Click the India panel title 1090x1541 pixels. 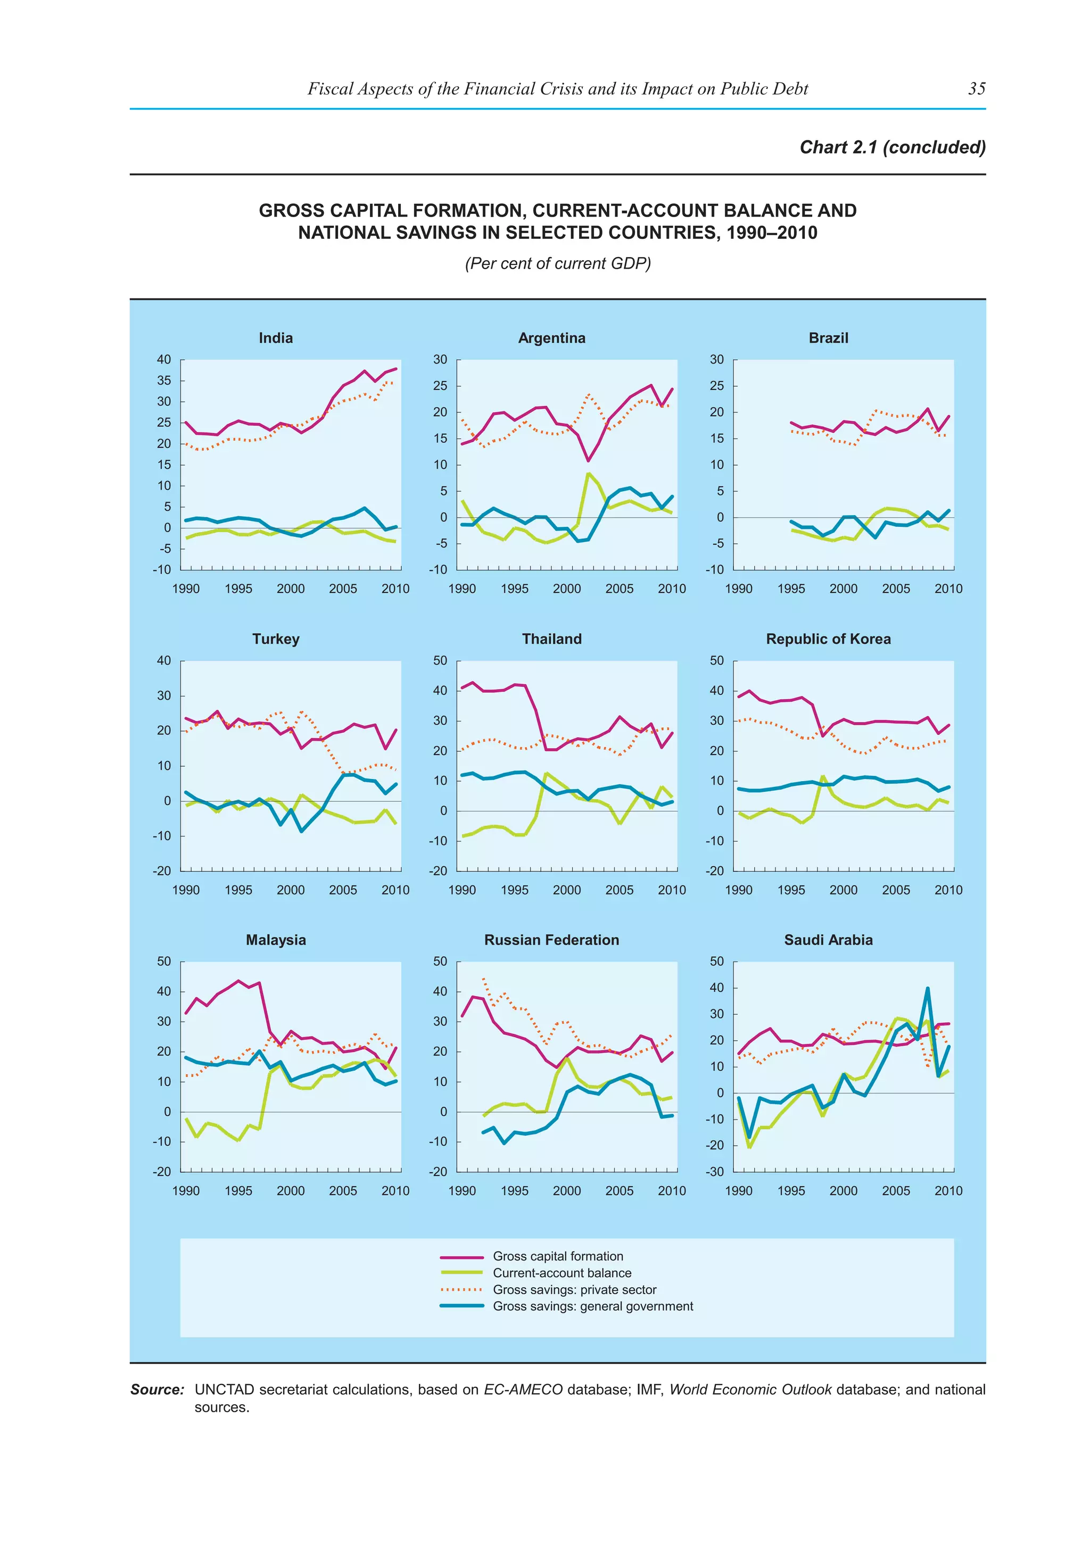(275, 337)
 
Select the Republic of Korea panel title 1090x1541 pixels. (828, 639)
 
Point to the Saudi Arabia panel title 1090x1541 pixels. (828, 940)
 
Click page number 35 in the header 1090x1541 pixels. (977, 88)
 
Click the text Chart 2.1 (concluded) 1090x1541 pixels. (892, 147)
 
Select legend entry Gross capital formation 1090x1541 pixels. (558, 1256)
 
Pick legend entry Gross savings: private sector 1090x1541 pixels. (574, 1290)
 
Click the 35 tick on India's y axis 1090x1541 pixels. (164, 380)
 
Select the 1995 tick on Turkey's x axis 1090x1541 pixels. (238, 890)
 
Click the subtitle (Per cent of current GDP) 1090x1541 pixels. (558, 263)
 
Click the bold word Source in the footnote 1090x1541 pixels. (156, 1389)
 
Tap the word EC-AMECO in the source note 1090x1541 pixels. (523, 1389)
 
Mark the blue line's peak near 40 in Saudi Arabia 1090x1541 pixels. (928, 988)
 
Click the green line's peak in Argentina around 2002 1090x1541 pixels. (588, 473)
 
